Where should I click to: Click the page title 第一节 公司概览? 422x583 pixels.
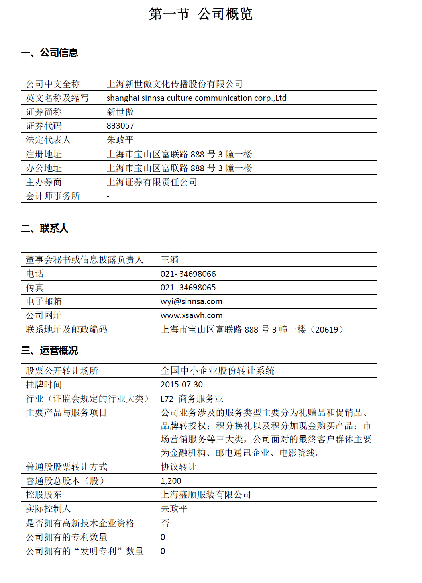(x=200, y=14)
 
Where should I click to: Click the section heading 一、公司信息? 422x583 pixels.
(x=49, y=53)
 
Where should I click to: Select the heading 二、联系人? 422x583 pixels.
(x=45, y=229)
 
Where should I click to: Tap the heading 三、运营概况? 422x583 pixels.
(x=49, y=350)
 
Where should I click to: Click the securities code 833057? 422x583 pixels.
(x=120, y=126)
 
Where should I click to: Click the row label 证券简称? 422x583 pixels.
(x=44, y=112)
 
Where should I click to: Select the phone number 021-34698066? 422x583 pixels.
(x=188, y=274)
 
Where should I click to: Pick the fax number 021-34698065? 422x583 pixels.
(x=188, y=288)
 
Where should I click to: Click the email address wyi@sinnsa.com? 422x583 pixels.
(x=191, y=301)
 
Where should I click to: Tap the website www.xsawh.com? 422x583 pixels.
(x=191, y=315)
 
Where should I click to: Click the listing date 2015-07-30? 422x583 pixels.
(x=182, y=385)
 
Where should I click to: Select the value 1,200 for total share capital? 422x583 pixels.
(x=171, y=481)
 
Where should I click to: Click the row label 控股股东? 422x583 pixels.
(x=44, y=495)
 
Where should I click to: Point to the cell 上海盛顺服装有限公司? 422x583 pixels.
(x=206, y=495)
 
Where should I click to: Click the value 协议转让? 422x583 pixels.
(x=179, y=467)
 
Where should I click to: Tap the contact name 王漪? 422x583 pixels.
(x=169, y=260)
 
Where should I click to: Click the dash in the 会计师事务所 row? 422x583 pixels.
(x=108, y=196)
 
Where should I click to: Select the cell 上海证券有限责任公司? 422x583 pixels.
(x=152, y=182)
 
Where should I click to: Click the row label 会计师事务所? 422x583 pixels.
(x=53, y=196)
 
